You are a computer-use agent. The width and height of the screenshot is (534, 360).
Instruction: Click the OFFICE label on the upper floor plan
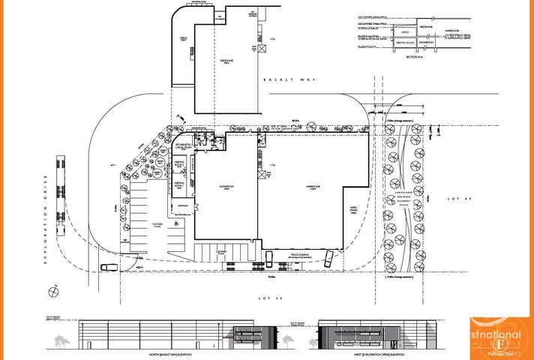coord(183,43)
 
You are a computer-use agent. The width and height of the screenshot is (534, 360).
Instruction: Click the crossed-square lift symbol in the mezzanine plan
coord(262,48)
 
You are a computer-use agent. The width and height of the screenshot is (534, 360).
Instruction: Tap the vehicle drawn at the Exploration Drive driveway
coord(108,266)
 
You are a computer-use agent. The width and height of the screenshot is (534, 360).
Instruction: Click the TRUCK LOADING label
coord(301,254)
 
